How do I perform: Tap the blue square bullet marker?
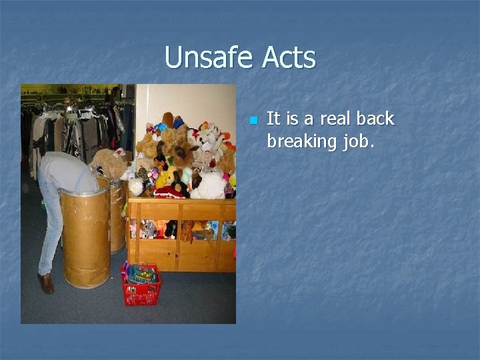tap(253, 121)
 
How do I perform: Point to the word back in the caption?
tap(375, 119)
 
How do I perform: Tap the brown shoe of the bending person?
tap(46, 283)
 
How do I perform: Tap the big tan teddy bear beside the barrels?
tap(108, 164)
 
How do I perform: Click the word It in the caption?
tap(273, 119)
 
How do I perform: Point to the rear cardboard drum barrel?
tap(117, 217)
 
